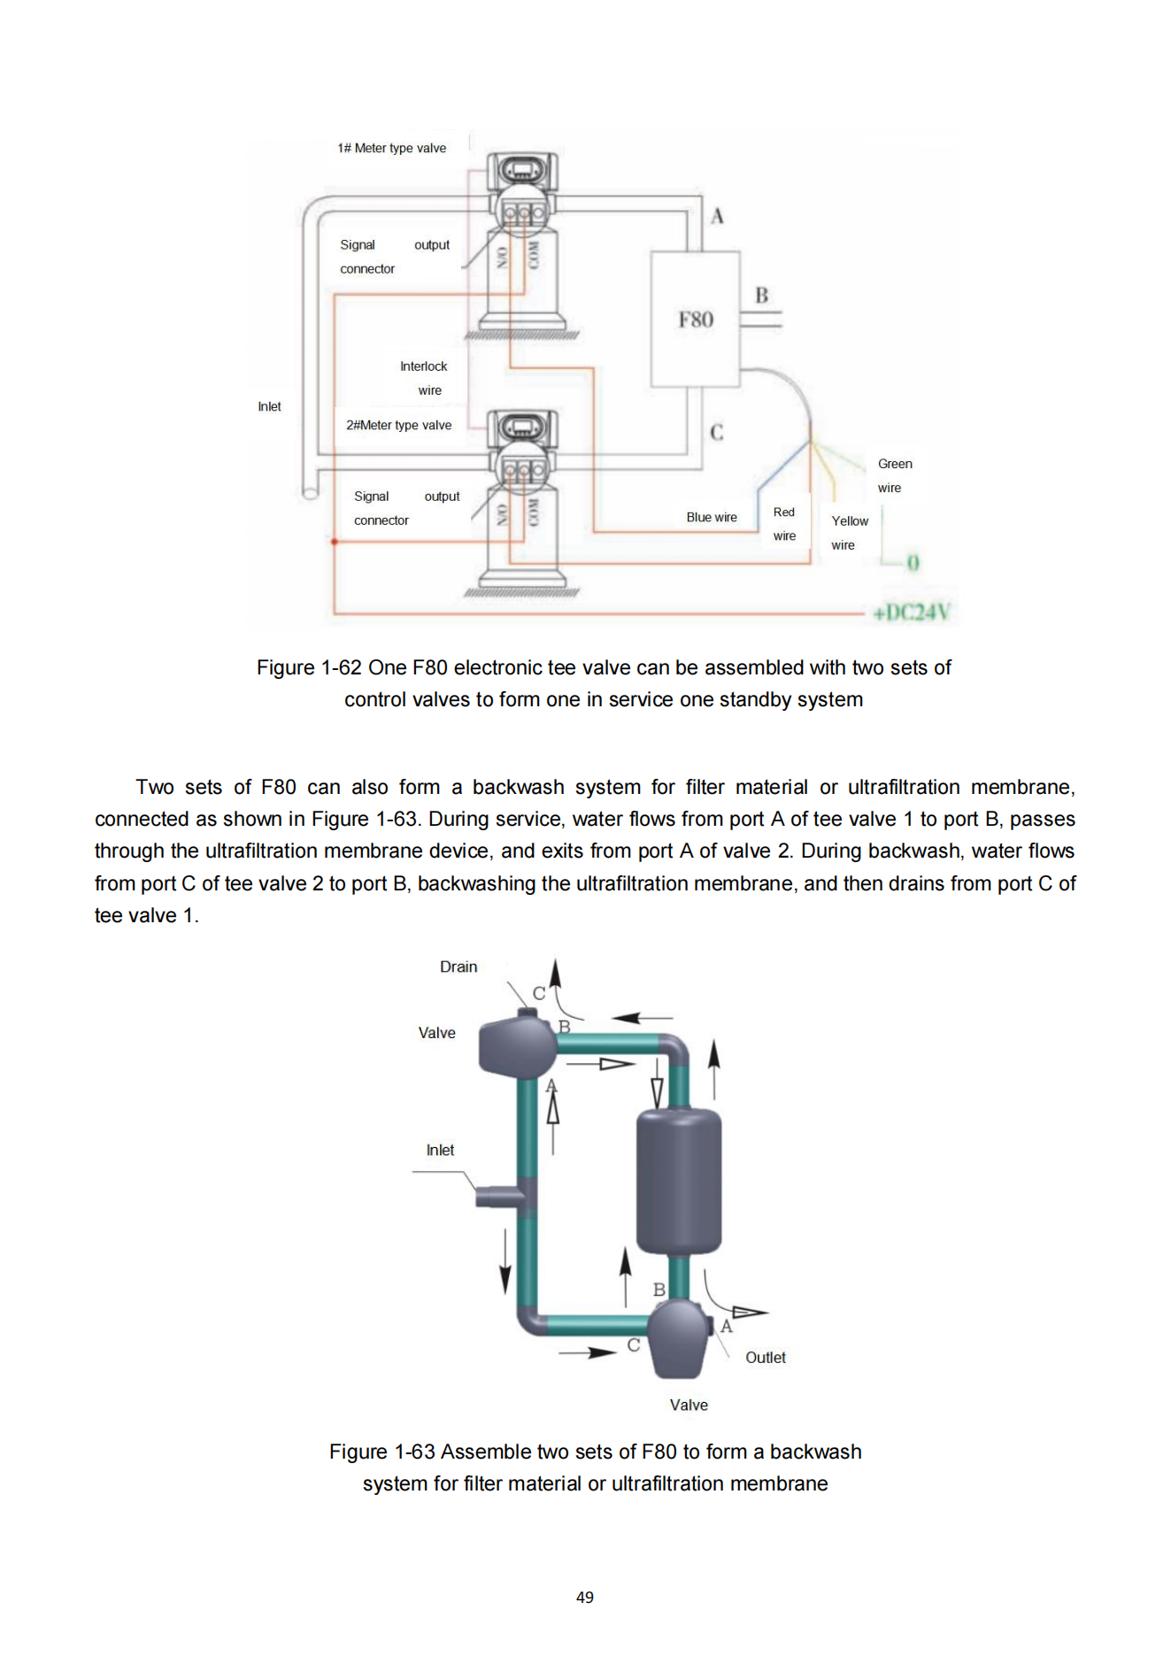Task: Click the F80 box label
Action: pyautogui.click(x=696, y=320)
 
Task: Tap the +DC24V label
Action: pyautogui.click(x=911, y=612)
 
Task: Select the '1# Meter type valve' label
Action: pyautogui.click(x=391, y=148)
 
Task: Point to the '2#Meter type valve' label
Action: pyautogui.click(x=398, y=425)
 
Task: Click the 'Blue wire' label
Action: pyautogui.click(x=712, y=517)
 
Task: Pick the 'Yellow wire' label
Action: pyautogui.click(x=849, y=533)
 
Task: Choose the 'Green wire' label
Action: pyautogui.click(x=894, y=475)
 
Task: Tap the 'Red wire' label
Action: pyautogui.click(x=784, y=524)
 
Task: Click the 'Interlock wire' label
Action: pyautogui.click(x=424, y=378)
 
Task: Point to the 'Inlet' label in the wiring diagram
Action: pyautogui.click(x=269, y=406)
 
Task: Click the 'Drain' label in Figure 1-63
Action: pyautogui.click(x=458, y=967)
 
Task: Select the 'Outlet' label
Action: pyautogui.click(x=765, y=1358)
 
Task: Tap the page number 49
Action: pyautogui.click(x=585, y=1598)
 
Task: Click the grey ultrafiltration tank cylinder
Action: pyautogui.click(x=679, y=1182)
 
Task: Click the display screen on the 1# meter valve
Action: pyautogui.click(x=522, y=169)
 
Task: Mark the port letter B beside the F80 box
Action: pyautogui.click(x=761, y=296)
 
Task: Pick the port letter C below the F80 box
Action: pyautogui.click(x=717, y=432)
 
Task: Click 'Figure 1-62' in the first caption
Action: pyautogui.click(x=309, y=667)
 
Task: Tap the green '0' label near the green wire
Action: pyautogui.click(x=913, y=563)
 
